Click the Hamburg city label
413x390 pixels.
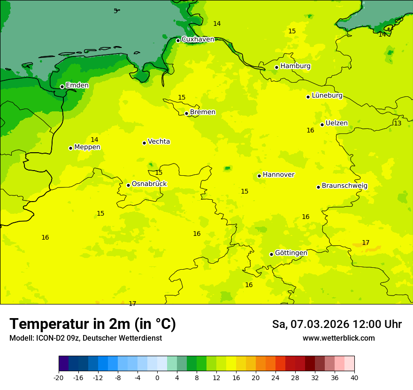point(295,66)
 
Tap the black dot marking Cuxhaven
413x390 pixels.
point(178,40)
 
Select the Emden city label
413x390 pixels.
point(77,86)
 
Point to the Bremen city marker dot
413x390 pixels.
point(186,113)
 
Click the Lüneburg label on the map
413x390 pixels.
point(327,95)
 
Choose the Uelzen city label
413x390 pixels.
point(337,124)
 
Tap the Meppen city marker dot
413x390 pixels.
point(70,148)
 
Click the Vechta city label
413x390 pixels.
point(159,141)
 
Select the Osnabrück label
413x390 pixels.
point(149,184)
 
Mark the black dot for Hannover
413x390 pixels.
point(259,176)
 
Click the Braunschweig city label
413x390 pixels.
point(344,186)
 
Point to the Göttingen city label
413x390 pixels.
point(291,253)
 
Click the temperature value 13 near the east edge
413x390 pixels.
point(398,124)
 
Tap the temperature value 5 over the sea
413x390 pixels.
point(115,11)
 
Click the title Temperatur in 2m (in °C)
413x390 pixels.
point(92,324)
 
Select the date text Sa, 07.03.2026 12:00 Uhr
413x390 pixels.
point(337,325)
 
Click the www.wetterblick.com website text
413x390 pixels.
point(338,338)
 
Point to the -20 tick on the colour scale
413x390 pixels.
point(59,377)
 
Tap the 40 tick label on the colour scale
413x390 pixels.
point(354,377)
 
